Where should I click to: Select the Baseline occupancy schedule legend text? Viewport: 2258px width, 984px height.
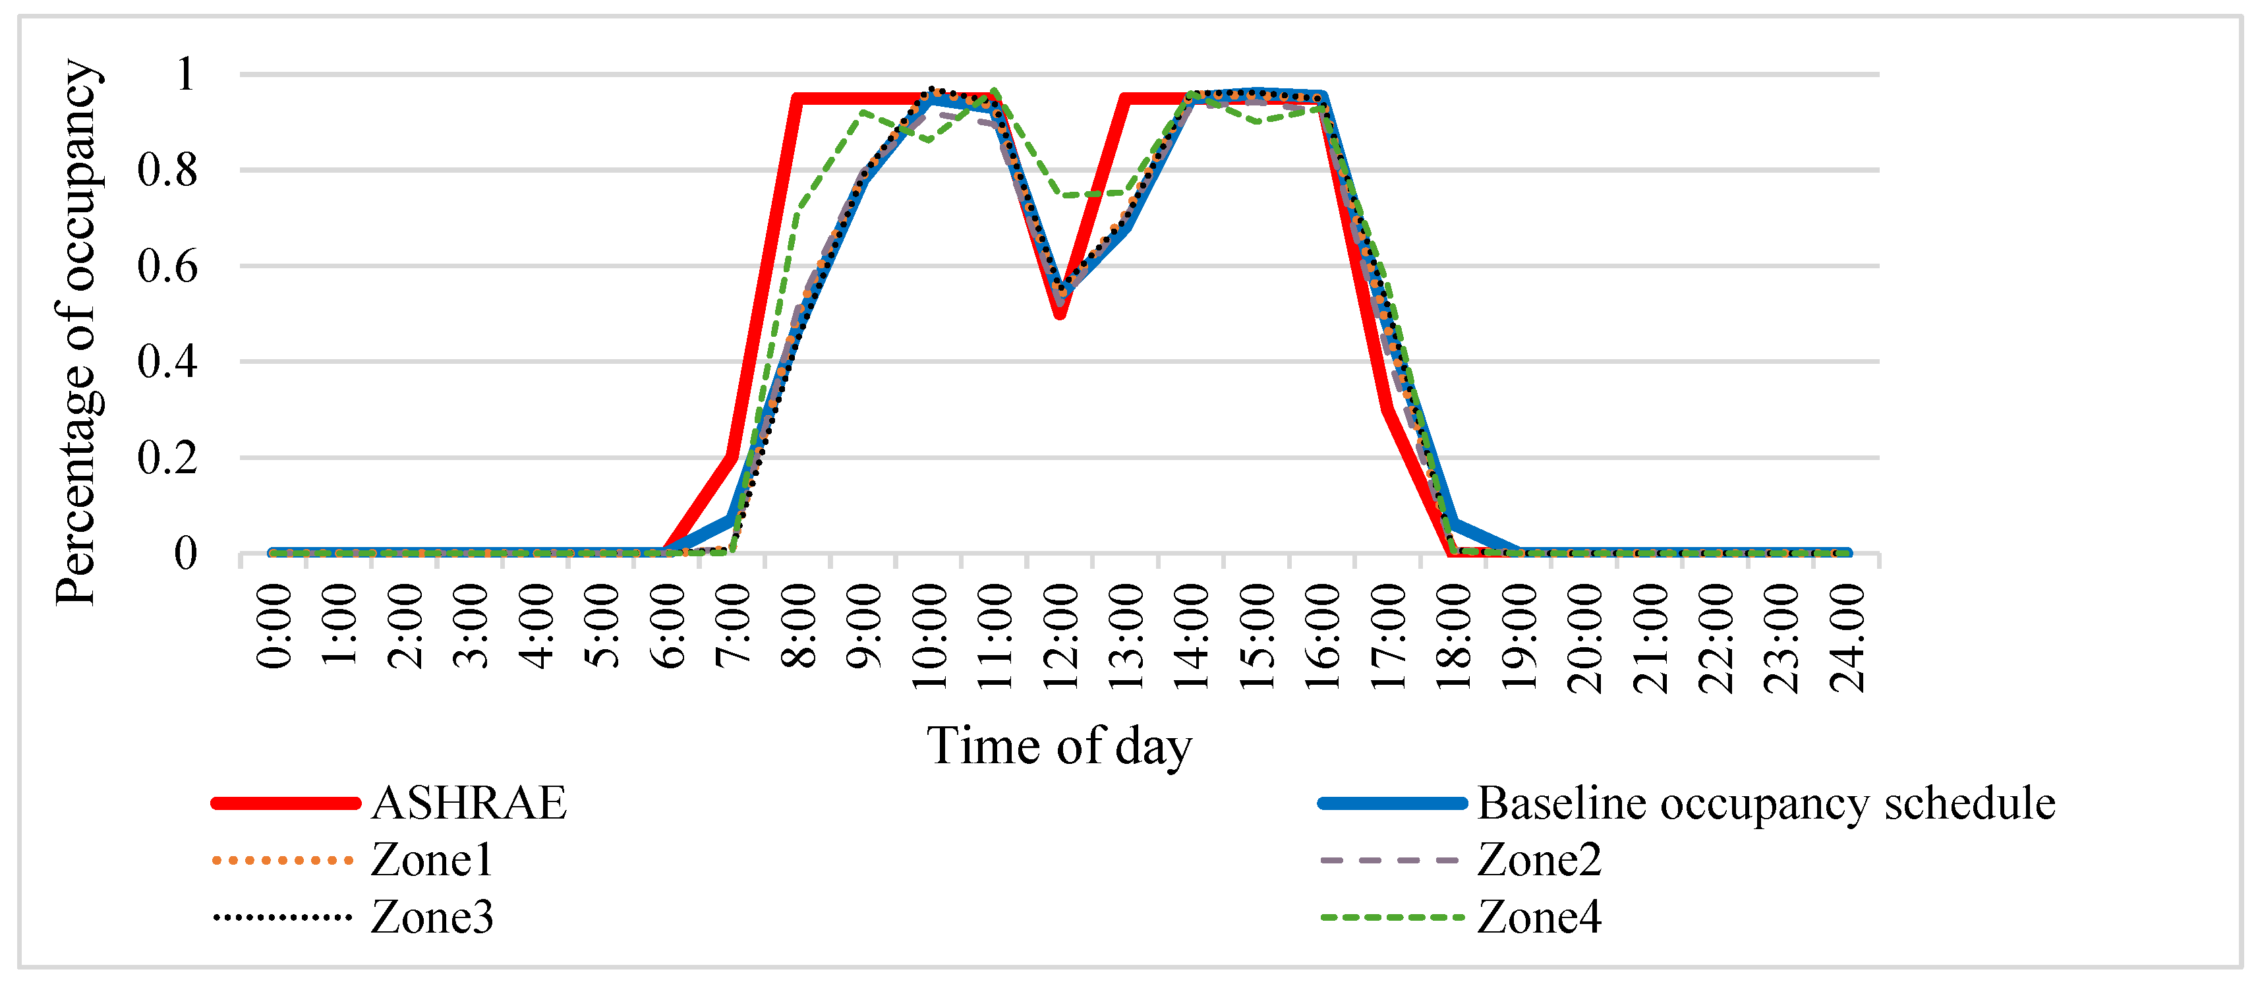[1766, 803]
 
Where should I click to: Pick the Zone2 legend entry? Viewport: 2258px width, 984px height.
[1539, 859]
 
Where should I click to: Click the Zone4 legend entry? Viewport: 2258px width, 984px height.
[1539, 917]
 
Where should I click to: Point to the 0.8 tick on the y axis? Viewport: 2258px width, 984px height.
[167, 170]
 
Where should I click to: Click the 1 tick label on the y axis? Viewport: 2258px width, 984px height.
[185, 74]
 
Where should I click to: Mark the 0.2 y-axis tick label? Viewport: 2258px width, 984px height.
[167, 457]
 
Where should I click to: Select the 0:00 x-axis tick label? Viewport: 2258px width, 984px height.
[274, 627]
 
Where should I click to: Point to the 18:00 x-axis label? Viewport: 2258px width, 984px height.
[1454, 638]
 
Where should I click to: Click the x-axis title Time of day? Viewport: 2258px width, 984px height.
[1059, 747]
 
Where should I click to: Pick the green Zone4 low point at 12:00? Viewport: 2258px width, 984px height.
[1062, 194]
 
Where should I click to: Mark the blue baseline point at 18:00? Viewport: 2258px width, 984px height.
[1454, 524]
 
